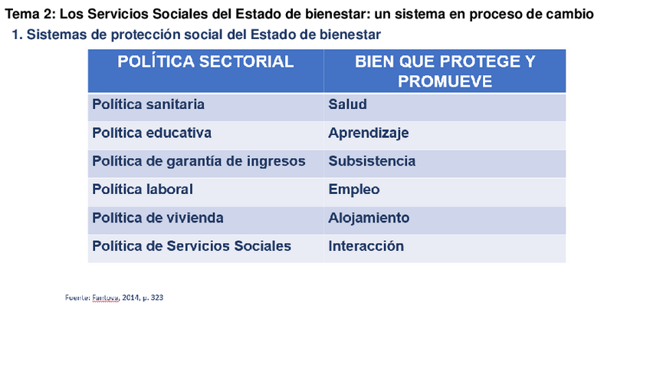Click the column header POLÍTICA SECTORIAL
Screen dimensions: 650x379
205,62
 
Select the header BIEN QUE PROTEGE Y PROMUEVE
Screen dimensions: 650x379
445,71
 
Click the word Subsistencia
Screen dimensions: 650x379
372,161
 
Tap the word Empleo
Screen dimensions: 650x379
354,190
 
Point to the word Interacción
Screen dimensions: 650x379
366,246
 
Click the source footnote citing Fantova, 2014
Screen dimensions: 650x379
114,298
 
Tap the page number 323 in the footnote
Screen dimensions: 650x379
157,298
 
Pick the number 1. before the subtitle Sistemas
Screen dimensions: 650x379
17,35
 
